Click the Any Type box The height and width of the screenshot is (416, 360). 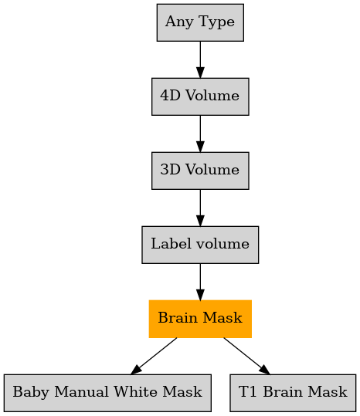[x=200, y=22]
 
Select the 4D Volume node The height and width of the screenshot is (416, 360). [x=200, y=96]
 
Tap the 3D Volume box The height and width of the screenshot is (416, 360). [x=200, y=171]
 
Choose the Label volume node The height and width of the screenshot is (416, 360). [x=200, y=245]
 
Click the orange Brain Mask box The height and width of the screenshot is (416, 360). [x=200, y=319]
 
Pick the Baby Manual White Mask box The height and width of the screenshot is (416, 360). [x=107, y=393]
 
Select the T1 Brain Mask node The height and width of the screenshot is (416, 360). [x=293, y=393]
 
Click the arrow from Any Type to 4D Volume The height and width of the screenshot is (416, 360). [x=200, y=59]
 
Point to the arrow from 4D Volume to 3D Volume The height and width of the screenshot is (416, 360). [x=200, y=134]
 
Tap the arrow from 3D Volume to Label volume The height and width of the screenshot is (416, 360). [x=200, y=208]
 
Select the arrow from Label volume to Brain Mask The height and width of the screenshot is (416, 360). [x=200, y=282]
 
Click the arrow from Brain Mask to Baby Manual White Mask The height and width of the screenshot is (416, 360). [x=154, y=356]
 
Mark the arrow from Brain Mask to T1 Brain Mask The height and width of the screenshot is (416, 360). [x=246, y=356]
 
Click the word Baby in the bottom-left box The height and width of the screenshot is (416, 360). [x=31, y=392]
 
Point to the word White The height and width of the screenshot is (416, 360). [x=135, y=391]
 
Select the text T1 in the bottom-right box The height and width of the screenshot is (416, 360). [x=248, y=391]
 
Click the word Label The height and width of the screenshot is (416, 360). [x=171, y=244]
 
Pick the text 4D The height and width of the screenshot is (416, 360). [x=170, y=95]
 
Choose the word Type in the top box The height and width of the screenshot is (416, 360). [x=216, y=22]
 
